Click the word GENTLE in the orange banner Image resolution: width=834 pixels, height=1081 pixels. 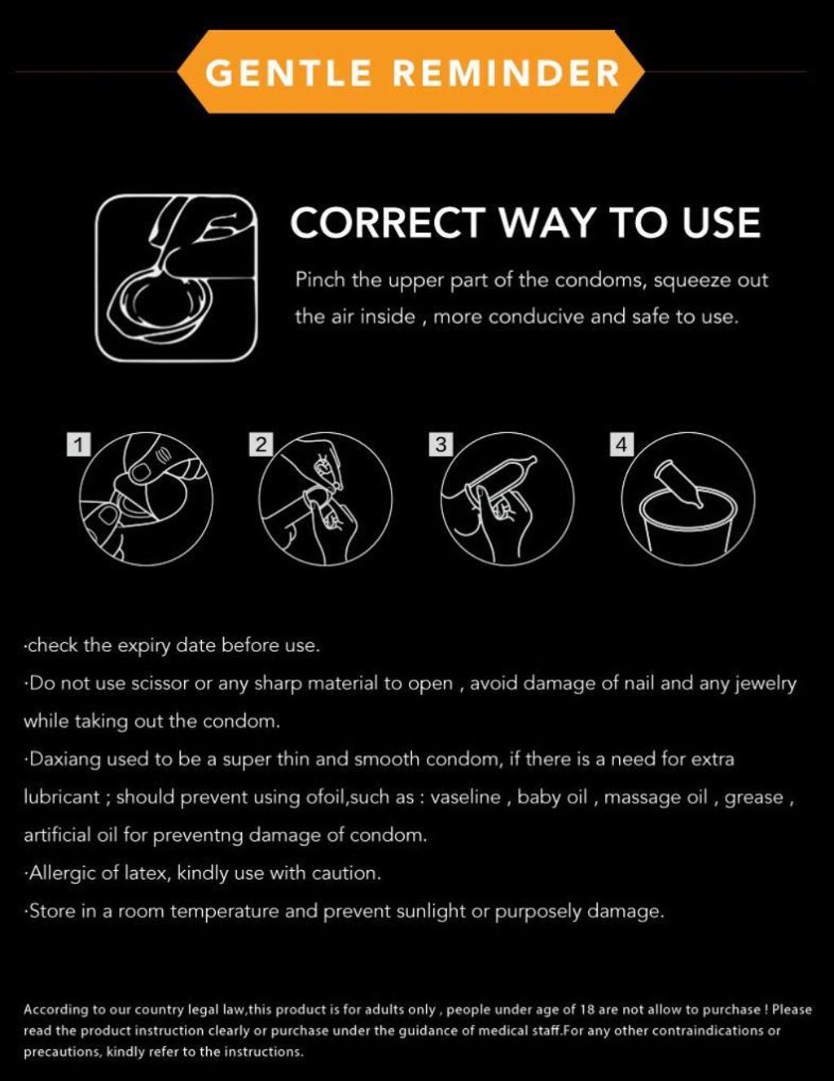pyautogui.click(x=288, y=72)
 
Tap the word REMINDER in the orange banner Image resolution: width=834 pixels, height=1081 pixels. pyautogui.click(x=507, y=72)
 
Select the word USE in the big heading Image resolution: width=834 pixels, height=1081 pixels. pyautogui.click(x=721, y=222)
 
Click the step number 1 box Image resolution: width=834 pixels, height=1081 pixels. pyautogui.click(x=79, y=444)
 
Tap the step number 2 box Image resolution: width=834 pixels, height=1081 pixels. pyautogui.click(x=261, y=444)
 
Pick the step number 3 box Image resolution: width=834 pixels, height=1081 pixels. pyautogui.click(x=441, y=444)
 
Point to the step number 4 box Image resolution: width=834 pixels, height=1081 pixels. pyautogui.click(x=621, y=444)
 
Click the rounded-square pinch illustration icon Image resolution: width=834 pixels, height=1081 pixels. pyautogui.click(x=177, y=278)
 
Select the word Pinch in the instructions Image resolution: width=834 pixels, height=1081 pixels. pyautogui.click(x=320, y=279)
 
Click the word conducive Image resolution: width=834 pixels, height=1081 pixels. pyautogui.click(x=536, y=317)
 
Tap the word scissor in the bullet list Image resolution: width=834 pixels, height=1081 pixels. pyautogui.click(x=160, y=684)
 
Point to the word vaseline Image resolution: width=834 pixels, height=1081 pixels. pyautogui.click(x=465, y=798)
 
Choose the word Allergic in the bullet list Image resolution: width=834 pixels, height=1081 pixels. pyautogui.click(x=62, y=873)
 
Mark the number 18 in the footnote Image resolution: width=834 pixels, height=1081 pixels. pyautogui.click(x=584, y=1010)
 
